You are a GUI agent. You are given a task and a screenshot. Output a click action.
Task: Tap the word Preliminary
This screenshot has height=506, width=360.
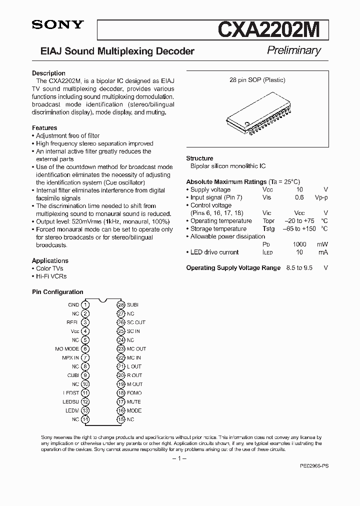pos(293,50)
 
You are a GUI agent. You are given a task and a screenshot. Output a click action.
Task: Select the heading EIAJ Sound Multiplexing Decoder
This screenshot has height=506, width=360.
pos(117,51)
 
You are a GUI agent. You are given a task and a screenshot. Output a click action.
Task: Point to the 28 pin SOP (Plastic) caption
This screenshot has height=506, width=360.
pos(257,80)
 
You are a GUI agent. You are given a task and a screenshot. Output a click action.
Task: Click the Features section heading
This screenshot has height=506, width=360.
pos(44,128)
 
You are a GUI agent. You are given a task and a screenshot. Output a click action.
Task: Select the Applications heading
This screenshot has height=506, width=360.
pos(50,260)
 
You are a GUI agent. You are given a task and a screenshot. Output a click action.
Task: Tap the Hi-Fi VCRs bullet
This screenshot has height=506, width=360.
pos(51,276)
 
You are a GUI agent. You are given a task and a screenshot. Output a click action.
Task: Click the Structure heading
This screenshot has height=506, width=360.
pos(199,158)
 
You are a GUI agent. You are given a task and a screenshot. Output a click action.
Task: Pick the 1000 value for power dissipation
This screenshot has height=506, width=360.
pos(299,244)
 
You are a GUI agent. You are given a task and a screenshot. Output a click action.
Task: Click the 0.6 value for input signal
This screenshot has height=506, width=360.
pos(299,197)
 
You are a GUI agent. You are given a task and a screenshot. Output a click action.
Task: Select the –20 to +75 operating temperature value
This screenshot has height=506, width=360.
pos(299,221)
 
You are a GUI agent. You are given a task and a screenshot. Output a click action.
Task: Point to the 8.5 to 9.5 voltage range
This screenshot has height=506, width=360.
pos(299,268)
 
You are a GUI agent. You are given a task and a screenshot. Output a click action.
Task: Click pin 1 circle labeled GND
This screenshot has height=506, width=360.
pos(86,304)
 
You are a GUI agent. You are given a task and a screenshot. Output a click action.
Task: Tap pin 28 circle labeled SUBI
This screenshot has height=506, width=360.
pos(120,304)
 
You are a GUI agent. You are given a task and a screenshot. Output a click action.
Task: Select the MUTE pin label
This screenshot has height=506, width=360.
pos(133,401)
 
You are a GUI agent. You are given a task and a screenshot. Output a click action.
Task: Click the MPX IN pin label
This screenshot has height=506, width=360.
pos(70,357)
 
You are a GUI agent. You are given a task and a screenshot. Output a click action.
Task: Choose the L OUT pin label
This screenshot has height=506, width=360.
pos(134,366)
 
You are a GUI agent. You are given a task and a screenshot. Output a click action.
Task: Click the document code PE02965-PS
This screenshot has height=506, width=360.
pos(314,465)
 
